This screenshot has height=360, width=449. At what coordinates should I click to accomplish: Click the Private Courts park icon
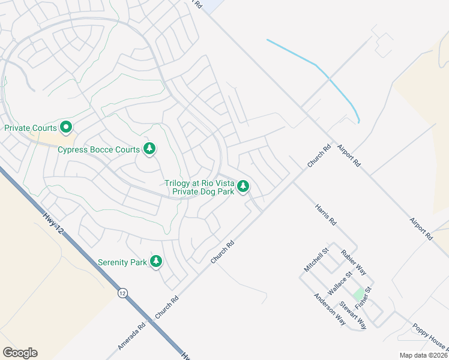(x=66, y=127)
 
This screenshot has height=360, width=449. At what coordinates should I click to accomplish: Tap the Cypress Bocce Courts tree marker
(x=149, y=149)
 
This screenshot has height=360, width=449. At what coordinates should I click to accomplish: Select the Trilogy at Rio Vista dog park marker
(x=243, y=187)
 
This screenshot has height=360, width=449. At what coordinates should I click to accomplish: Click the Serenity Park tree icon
(x=156, y=262)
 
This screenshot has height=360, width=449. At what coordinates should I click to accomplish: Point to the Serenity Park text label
(x=122, y=262)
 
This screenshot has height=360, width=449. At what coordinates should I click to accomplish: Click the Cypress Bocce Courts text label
(x=98, y=149)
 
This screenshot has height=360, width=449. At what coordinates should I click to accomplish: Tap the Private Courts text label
(x=31, y=128)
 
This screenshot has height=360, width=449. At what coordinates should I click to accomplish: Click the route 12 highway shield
(x=122, y=293)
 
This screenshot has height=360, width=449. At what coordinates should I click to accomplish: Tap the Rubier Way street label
(x=354, y=263)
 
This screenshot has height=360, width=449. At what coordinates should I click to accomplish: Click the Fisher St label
(x=363, y=298)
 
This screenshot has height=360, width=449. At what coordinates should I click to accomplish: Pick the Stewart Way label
(x=353, y=314)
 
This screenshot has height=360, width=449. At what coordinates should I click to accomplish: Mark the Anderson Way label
(x=330, y=309)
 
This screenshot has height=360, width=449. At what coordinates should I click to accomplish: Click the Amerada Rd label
(x=131, y=338)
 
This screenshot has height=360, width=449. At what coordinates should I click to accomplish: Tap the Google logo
(x=20, y=353)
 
